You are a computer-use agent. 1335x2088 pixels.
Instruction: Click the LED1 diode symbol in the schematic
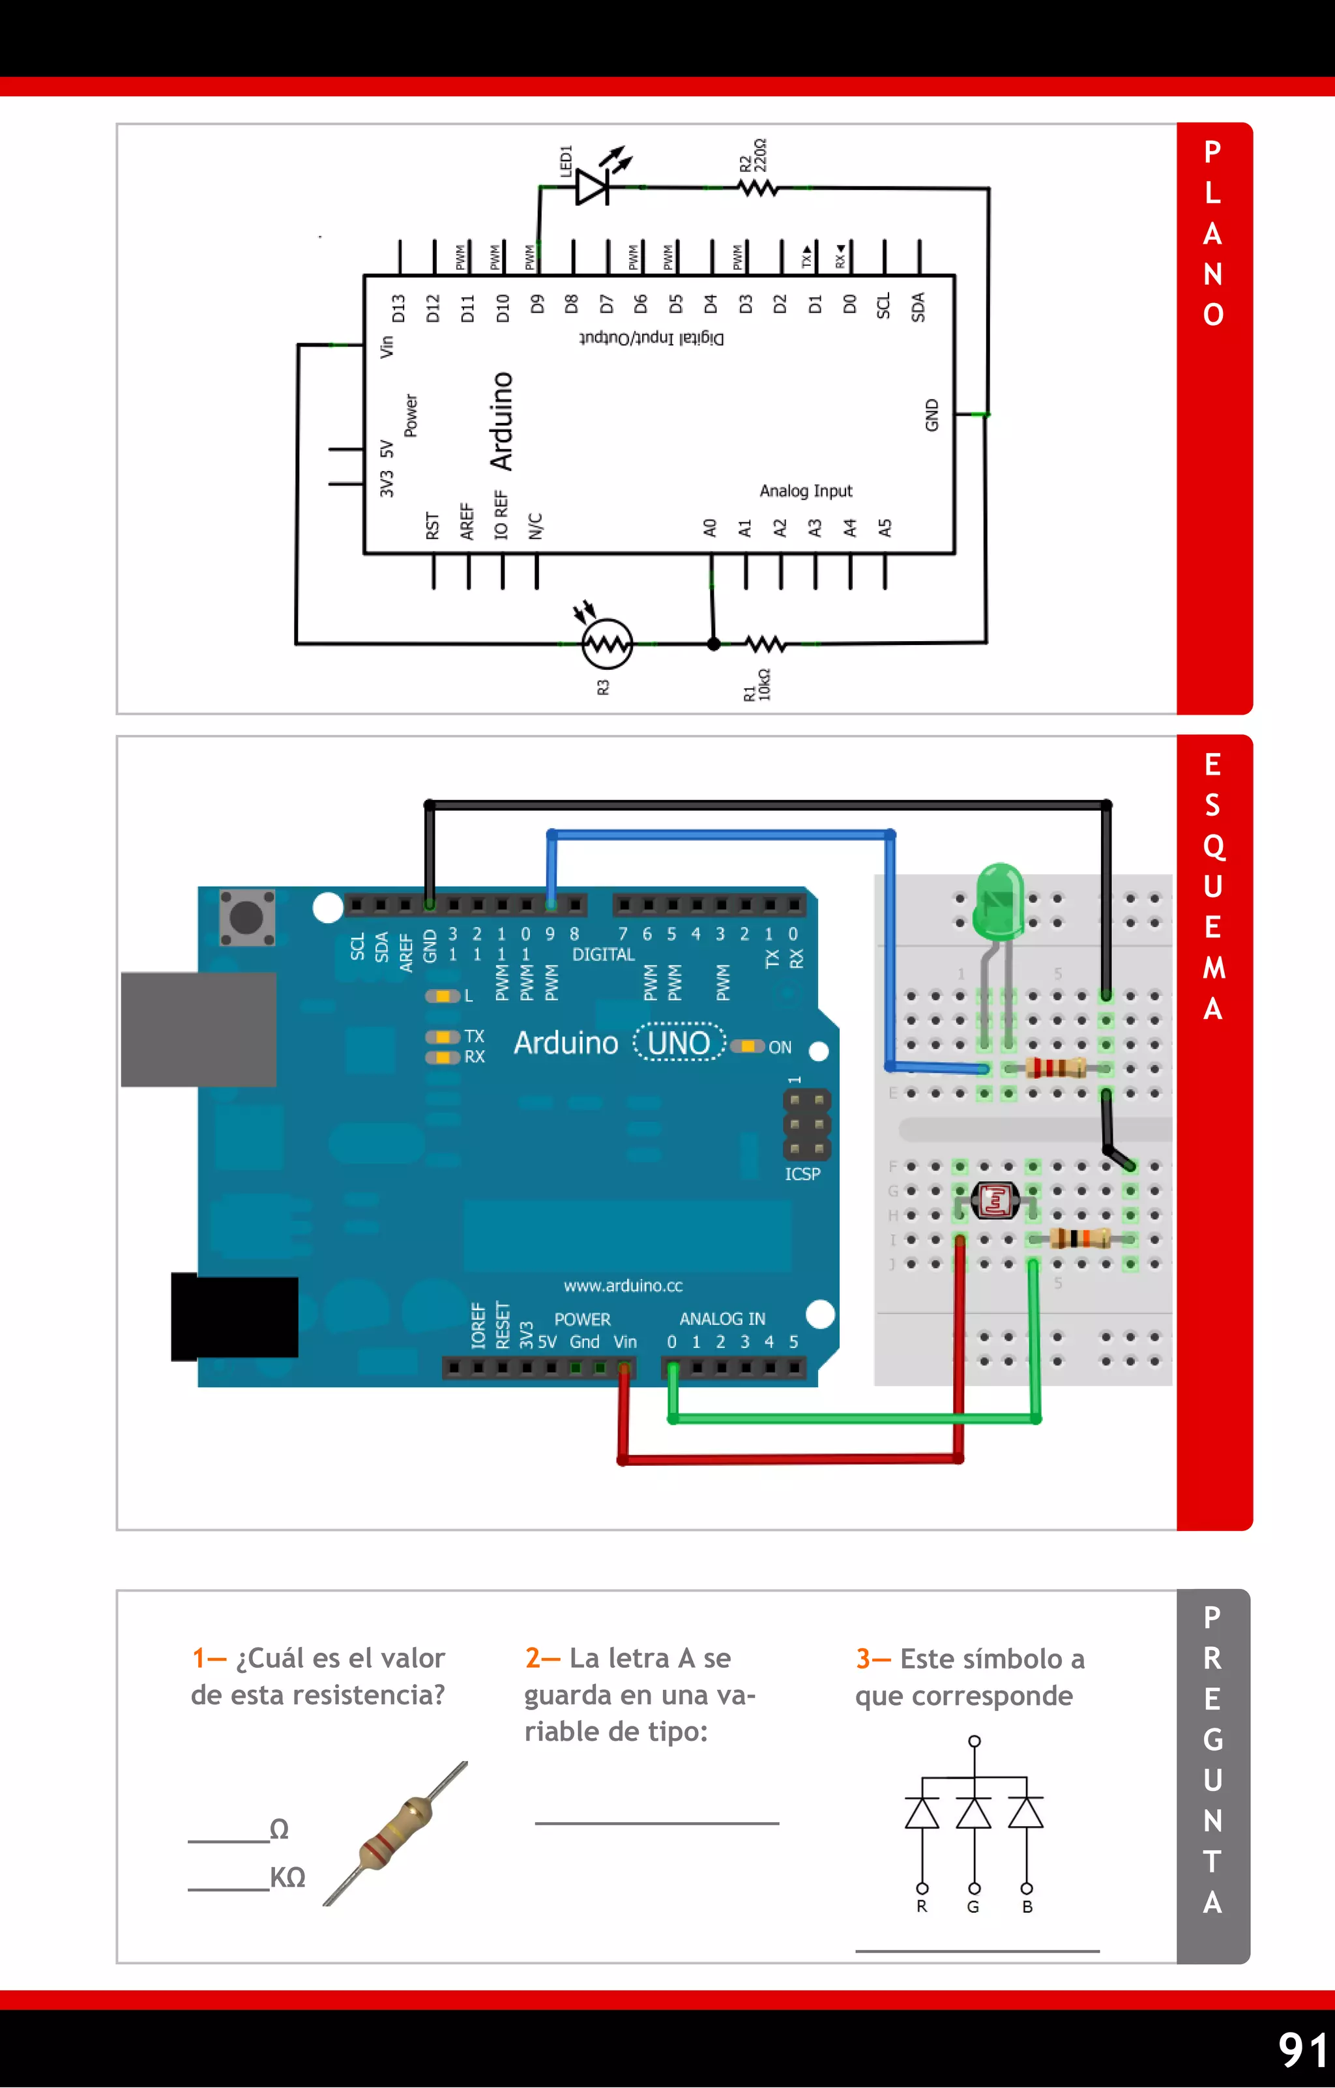[593, 186]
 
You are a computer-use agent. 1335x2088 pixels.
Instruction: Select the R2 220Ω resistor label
[753, 156]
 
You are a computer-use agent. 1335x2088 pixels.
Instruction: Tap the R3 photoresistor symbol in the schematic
[606, 644]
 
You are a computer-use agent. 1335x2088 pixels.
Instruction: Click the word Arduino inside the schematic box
[501, 422]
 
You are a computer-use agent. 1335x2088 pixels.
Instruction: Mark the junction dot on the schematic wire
[713, 644]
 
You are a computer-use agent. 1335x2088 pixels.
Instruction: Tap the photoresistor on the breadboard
[995, 1200]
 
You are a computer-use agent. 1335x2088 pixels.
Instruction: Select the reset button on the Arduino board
[246, 917]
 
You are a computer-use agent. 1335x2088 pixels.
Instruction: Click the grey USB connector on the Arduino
[199, 1029]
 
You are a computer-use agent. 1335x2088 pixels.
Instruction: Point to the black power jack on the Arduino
[234, 1316]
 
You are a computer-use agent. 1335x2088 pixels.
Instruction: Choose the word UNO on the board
[679, 1042]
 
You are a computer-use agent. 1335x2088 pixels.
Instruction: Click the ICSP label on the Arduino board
[802, 1174]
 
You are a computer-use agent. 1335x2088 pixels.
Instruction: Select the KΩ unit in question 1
[287, 1878]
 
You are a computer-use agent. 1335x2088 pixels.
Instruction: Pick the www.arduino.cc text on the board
[623, 1285]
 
